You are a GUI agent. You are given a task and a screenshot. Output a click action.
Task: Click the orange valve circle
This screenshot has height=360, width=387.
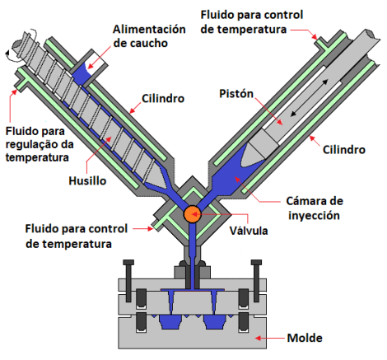(192, 214)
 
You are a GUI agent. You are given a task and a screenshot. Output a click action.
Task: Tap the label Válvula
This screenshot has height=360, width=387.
(249, 231)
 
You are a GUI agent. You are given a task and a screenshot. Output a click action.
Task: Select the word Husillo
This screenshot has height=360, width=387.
(87, 181)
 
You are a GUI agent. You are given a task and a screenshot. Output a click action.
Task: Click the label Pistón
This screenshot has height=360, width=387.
(236, 94)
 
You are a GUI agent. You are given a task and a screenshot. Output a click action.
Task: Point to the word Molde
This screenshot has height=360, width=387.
(305, 338)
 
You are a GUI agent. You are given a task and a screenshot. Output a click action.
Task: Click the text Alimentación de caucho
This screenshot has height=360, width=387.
(149, 36)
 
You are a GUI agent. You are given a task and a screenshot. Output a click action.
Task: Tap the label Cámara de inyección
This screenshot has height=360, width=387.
(315, 208)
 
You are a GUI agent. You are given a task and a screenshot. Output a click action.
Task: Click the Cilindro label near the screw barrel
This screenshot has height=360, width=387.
(163, 99)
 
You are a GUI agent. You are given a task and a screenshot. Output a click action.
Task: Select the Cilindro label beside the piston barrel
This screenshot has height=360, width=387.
(343, 150)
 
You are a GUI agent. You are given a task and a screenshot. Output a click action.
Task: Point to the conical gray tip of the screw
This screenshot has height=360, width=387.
(156, 180)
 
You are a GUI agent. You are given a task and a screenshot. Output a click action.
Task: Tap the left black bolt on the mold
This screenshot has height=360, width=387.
(128, 281)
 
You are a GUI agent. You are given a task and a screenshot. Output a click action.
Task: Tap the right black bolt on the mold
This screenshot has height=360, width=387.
(256, 281)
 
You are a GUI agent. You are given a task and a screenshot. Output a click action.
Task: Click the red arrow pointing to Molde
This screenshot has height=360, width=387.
(269, 338)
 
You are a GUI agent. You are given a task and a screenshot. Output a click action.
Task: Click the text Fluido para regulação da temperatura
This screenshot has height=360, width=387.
(40, 144)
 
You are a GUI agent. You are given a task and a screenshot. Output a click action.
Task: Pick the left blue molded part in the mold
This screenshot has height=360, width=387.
(170, 322)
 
